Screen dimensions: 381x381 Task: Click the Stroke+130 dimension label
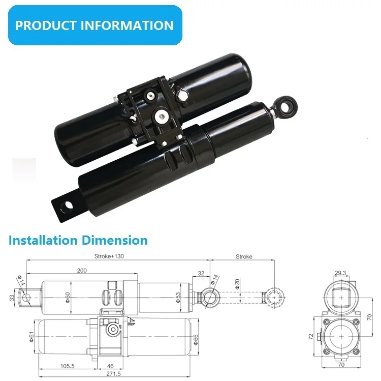point(109,257)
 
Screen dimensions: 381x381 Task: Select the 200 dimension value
point(81,270)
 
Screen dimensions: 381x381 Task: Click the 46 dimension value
point(110,365)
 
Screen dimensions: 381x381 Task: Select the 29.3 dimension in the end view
point(341,274)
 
